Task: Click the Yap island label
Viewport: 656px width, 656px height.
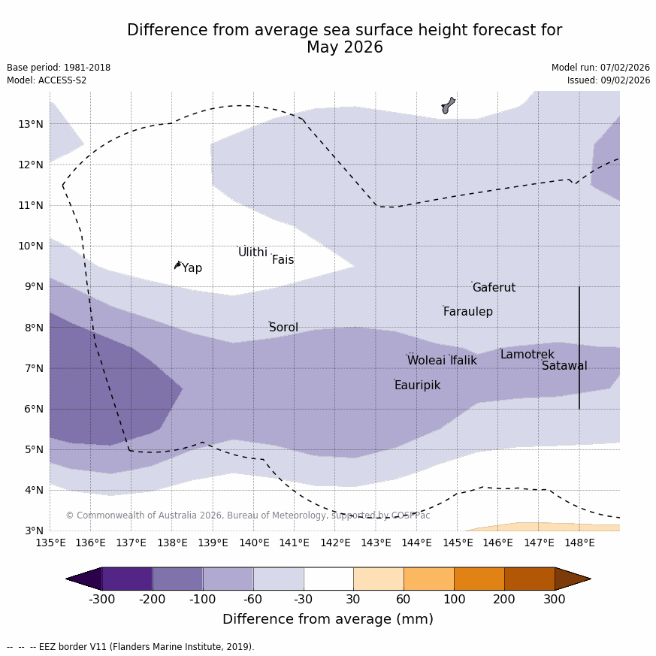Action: coord(192,268)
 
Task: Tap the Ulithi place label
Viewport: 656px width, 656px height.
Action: coord(252,252)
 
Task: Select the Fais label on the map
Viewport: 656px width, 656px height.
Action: coord(283,260)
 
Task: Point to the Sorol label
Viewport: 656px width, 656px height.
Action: coord(283,328)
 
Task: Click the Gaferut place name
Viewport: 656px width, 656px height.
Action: coord(494,288)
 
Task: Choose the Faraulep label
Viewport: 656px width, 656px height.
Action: coord(467,312)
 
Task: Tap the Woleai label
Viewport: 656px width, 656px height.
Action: coord(426,361)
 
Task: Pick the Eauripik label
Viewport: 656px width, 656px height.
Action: coord(417,385)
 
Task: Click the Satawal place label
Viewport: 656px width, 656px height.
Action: coord(564,366)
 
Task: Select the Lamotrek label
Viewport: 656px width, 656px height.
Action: coord(527,355)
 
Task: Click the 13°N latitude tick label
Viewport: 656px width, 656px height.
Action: coord(29,124)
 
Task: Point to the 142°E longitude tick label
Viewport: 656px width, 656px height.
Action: coord(335,543)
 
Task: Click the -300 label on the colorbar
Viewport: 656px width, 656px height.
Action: coord(102,599)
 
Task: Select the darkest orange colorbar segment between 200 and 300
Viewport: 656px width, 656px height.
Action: coord(529,579)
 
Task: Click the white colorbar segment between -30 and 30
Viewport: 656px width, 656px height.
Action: coord(328,579)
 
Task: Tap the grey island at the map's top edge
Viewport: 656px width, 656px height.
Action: coord(448,105)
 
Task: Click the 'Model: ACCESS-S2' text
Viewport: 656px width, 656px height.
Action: coord(47,80)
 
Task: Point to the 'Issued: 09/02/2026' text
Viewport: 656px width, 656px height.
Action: coord(609,80)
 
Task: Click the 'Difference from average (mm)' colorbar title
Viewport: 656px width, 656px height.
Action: coord(328,619)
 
